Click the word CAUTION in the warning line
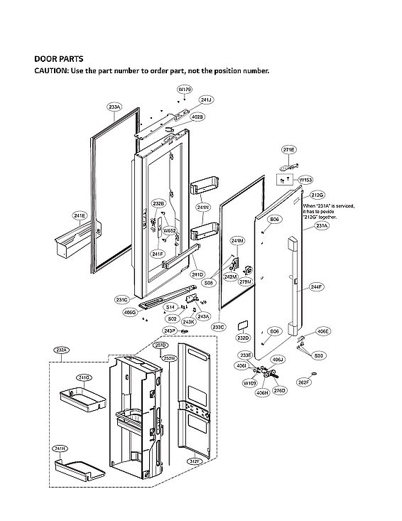coord(51,71)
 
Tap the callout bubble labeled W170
coord(184,89)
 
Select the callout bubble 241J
coord(206,100)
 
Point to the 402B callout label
coord(197,117)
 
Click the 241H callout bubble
coord(60,449)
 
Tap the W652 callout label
coord(170,231)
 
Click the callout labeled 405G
coord(130,312)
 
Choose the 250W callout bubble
coord(168,358)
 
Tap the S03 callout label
coord(320,355)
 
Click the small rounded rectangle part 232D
coord(241,323)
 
